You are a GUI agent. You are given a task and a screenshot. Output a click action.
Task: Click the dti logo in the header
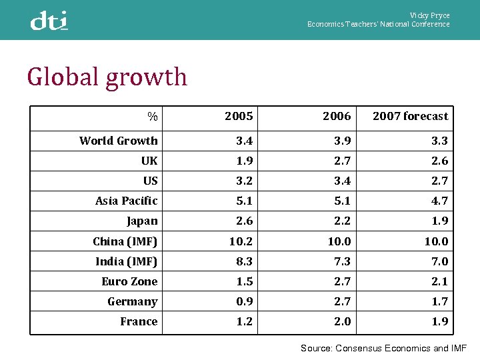49,21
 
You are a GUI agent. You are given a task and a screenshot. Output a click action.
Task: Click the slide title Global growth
107,77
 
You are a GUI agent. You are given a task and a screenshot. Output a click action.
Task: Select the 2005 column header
239,116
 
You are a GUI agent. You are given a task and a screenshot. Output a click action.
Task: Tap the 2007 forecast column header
410,116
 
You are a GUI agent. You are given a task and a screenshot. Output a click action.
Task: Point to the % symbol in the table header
153,117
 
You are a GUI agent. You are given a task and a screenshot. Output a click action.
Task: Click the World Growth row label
119,141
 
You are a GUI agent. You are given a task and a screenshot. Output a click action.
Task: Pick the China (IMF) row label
125,241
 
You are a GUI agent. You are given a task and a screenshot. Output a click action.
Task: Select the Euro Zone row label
129,281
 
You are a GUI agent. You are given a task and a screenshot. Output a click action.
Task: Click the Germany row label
133,301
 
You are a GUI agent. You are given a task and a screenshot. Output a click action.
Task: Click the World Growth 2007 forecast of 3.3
440,141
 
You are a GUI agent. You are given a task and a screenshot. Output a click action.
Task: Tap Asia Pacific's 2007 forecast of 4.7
440,201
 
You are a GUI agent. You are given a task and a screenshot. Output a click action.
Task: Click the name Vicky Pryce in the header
429,15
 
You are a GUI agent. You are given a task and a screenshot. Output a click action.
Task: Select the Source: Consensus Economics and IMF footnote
383,348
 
